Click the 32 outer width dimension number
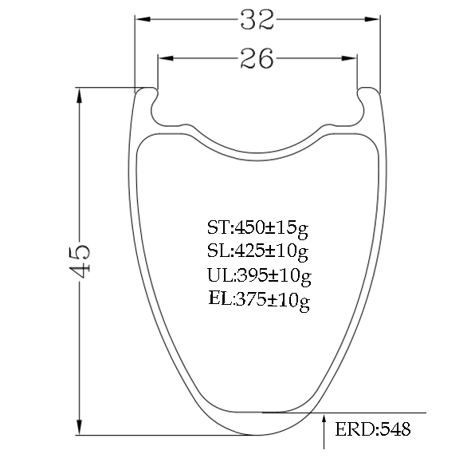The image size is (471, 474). pos(257,20)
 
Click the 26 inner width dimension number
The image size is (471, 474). pos(257,58)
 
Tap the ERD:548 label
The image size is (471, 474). pos(373,429)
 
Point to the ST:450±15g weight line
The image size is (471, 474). pos(257,228)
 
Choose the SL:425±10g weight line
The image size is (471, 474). pos(257,251)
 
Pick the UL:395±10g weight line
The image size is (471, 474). pos(259,276)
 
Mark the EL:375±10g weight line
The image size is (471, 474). pos(259,300)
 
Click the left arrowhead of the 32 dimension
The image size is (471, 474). pos(143,19)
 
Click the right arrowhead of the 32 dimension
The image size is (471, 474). pos(372,19)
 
